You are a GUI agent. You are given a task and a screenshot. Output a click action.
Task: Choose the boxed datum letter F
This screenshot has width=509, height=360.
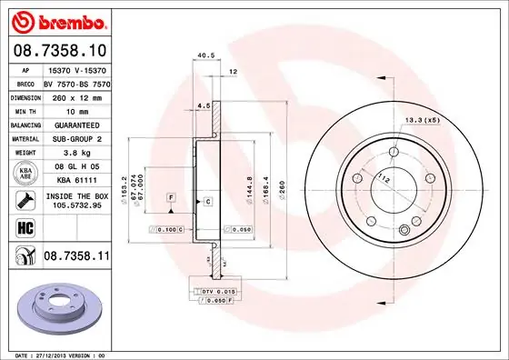click(170, 197)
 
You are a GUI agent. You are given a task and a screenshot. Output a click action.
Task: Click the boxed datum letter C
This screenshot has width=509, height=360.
click(208, 200)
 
